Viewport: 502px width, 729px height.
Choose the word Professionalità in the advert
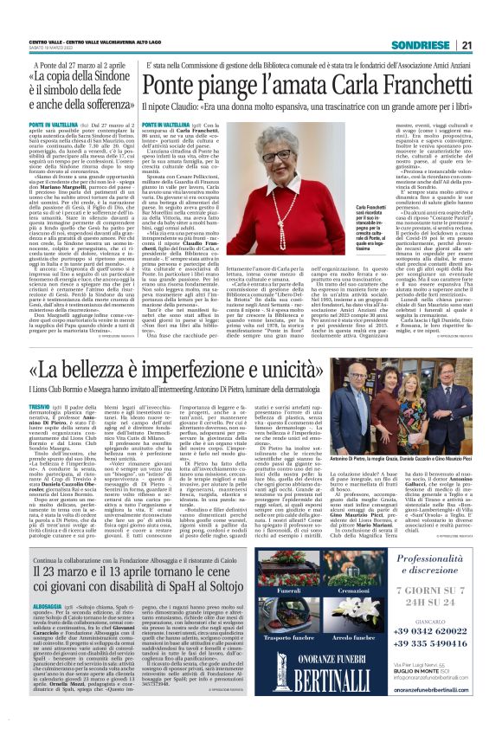coord(449,560)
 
